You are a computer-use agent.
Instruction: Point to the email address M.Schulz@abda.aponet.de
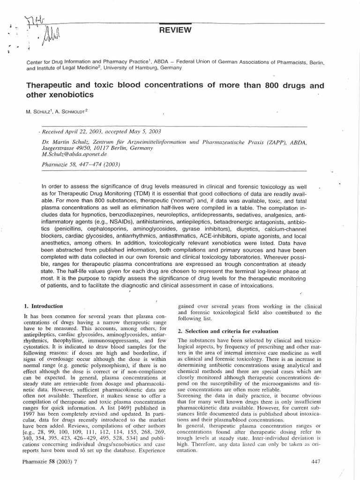point(75,154)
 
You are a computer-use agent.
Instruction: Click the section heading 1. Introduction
point(43,307)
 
